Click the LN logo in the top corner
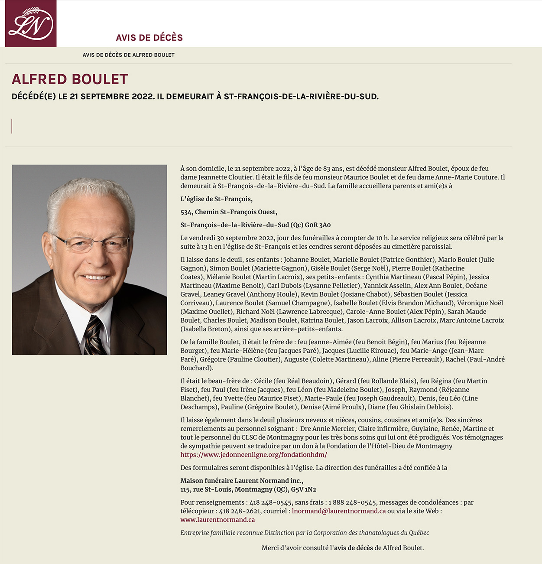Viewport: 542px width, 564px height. click(x=31, y=23)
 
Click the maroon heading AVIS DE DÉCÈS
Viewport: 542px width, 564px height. click(x=149, y=38)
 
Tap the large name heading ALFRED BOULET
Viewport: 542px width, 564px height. click(x=70, y=79)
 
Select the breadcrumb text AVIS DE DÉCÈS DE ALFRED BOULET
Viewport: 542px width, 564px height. click(x=128, y=55)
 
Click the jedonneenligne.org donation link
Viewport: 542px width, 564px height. click(x=253, y=455)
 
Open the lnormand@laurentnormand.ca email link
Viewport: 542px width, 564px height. click(x=338, y=511)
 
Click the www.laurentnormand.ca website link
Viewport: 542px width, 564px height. click(x=217, y=520)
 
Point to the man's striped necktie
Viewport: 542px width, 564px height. click(x=94, y=335)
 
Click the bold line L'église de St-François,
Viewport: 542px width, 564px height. click(x=216, y=199)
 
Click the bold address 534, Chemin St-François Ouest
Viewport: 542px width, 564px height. click(x=228, y=212)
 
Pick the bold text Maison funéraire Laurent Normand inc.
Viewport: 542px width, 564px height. click(x=241, y=481)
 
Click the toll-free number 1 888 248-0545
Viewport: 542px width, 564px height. click(x=352, y=502)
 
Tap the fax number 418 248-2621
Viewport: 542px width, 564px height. click(x=239, y=511)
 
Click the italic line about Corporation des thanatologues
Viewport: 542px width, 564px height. click(x=305, y=533)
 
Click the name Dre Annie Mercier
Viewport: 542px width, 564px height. click(x=327, y=429)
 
